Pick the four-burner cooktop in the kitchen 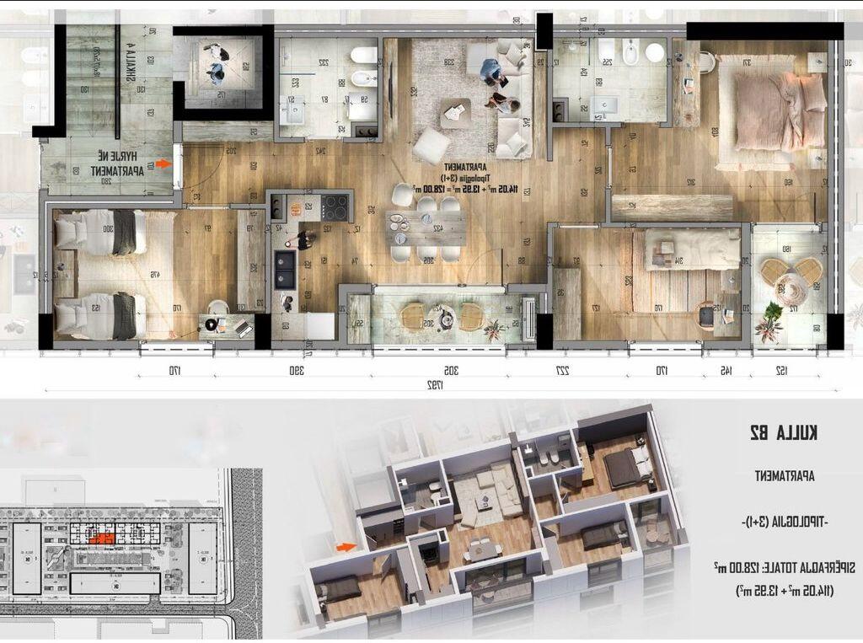[x=335, y=207]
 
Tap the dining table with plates [x=426, y=226]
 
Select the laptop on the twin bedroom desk [x=243, y=327]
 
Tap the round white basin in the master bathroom [x=655, y=52]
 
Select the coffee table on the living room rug [x=456, y=111]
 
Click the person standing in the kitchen [x=303, y=240]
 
